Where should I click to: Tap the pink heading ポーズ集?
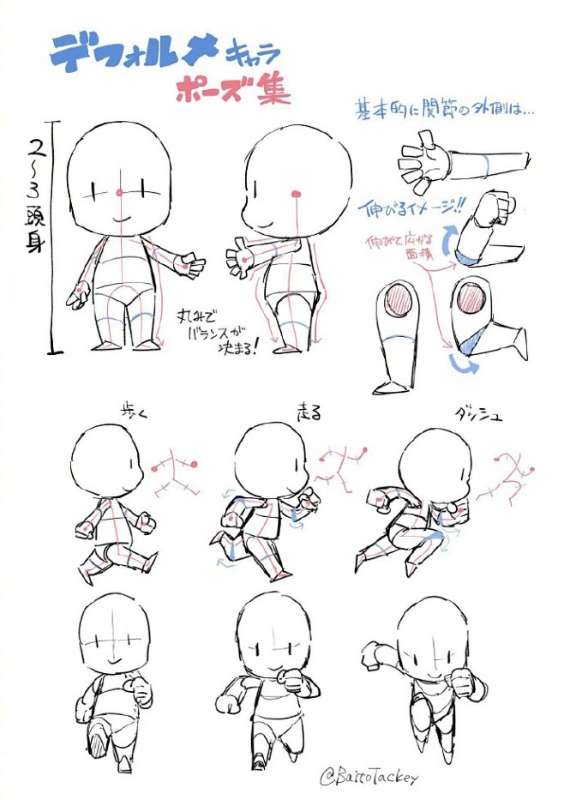tap(232, 90)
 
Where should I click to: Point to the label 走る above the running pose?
tap(307, 412)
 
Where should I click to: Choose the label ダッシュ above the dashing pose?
tap(478, 415)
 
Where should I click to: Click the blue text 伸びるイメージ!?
tap(410, 207)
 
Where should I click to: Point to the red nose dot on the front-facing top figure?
tap(120, 191)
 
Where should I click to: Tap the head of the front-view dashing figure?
tap(432, 640)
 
